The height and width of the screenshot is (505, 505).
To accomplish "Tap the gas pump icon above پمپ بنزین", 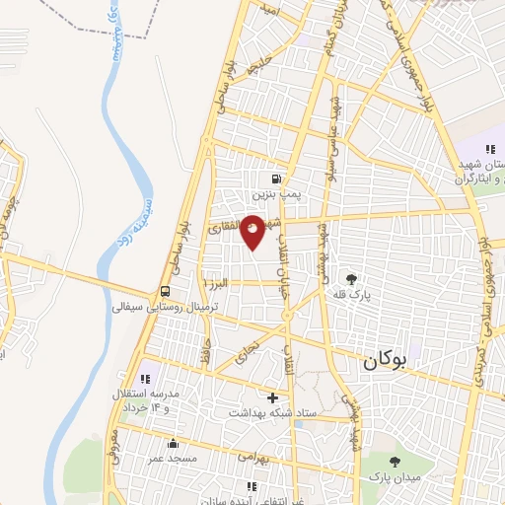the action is [x=275, y=180].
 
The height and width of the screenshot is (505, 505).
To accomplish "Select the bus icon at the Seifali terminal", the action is [x=166, y=292].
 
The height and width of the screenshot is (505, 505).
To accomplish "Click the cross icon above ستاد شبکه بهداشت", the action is [x=273, y=397].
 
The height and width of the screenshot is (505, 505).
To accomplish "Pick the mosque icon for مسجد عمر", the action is [x=173, y=443].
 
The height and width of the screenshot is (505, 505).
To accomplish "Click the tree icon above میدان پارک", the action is [x=395, y=461].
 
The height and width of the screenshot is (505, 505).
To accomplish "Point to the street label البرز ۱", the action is [x=216, y=283].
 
